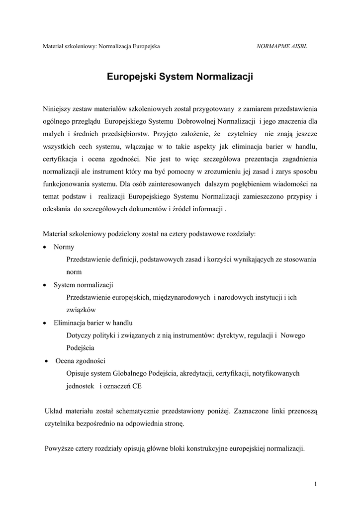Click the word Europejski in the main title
[131, 77]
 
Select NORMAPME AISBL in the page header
[281, 46]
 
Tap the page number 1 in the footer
[316, 484]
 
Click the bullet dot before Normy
[45, 247]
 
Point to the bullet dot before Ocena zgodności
[46, 361]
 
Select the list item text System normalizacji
[84, 285]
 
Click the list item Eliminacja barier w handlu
[93, 323]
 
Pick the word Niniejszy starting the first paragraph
[57, 108]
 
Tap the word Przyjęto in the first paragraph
[167, 134]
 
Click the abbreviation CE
[136, 386]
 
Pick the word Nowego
[293, 336]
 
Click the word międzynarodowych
[183, 297]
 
